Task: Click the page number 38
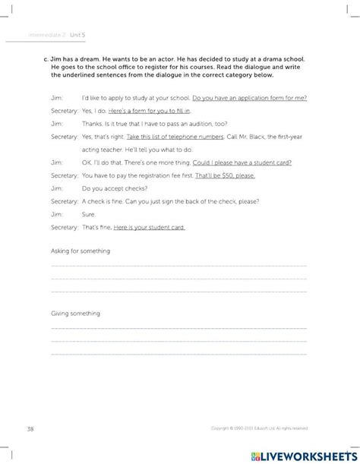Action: (30, 429)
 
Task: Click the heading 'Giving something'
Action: (75, 313)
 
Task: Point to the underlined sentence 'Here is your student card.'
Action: (149, 228)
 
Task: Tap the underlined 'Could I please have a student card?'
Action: (254, 162)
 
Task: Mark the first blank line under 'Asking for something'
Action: (178, 267)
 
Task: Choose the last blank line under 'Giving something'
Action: (178, 352)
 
